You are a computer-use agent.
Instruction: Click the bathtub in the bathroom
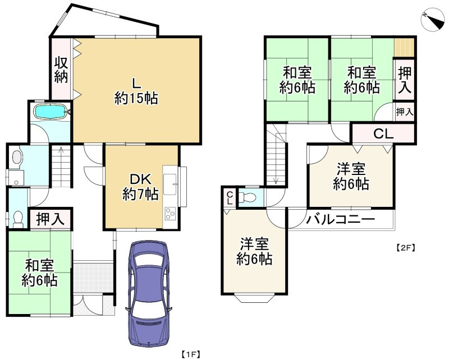pos(51,111)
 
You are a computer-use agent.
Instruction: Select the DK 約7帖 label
pos(140,187)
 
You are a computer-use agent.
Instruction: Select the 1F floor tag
pos(191,354)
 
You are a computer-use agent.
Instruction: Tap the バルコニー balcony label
pos(340,220)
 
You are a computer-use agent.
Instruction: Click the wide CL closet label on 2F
pos(383,135)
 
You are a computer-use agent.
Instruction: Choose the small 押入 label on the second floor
pos(404,112)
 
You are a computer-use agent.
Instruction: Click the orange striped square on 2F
pos(404,47)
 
